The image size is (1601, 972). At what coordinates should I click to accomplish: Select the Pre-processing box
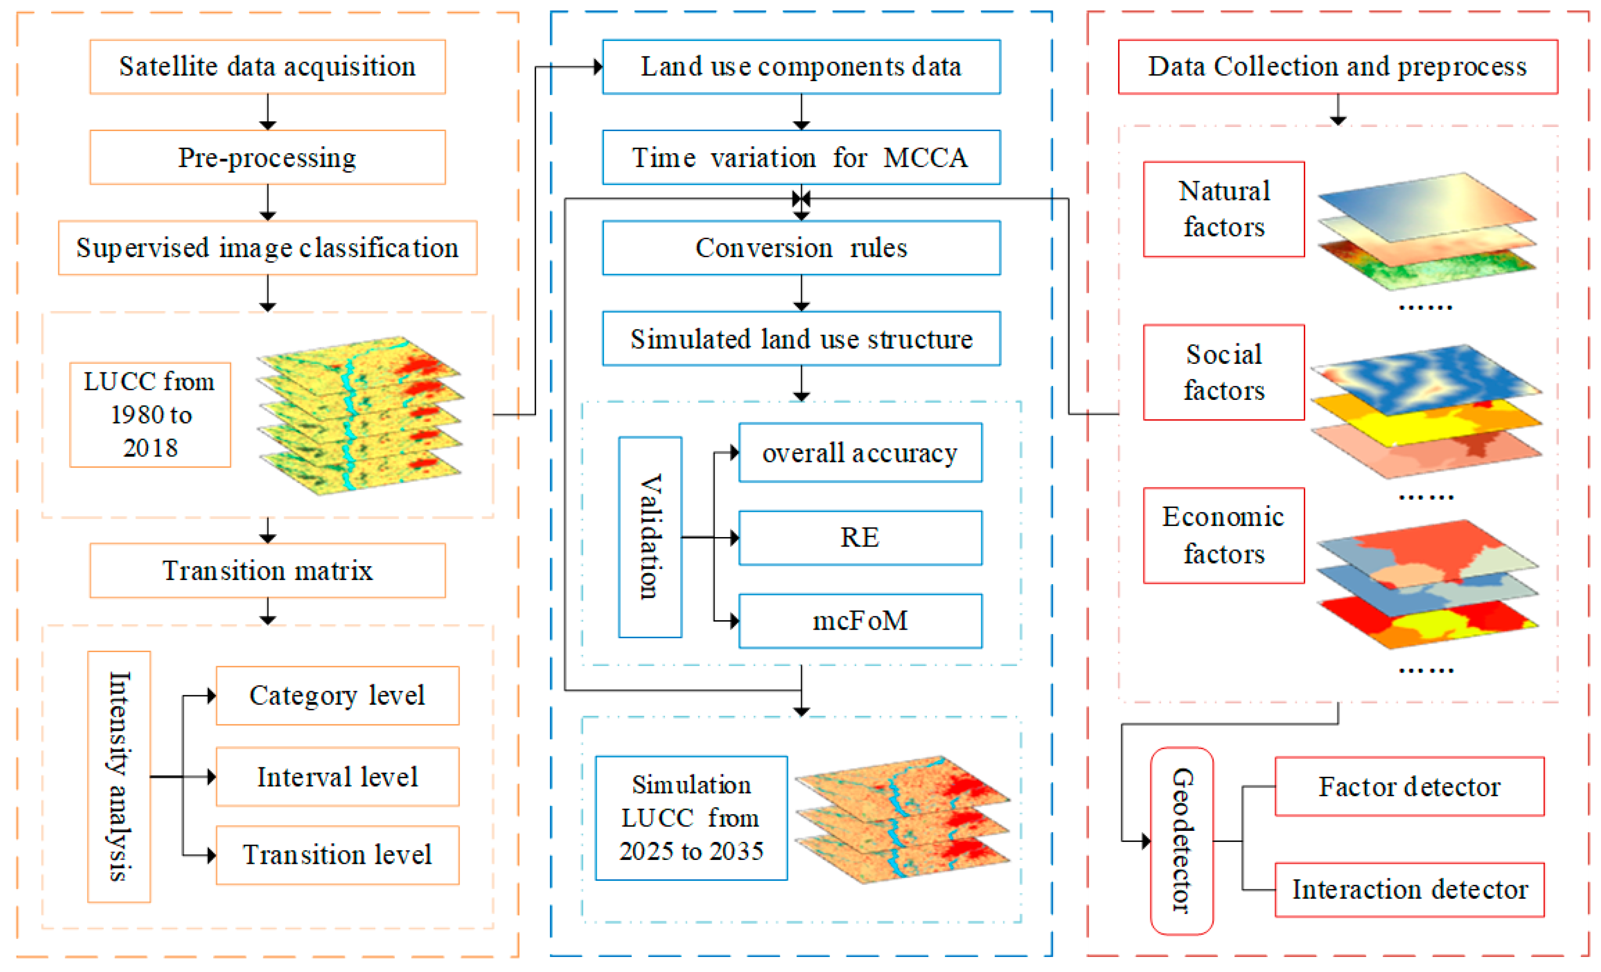tap(267, 157)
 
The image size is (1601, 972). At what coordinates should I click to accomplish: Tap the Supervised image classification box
tap(267, 248)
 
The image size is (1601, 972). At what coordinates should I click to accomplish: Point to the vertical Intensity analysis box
tap(119, 776)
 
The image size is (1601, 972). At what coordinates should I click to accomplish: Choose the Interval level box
tap(337, 776)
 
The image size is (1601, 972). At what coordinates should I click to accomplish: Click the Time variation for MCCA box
tap(801, 157)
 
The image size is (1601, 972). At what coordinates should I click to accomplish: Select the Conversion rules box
tap(801, 248)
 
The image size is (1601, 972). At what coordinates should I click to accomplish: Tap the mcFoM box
tap(860, 621)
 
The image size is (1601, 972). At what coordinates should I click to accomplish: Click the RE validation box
tap(860, 538)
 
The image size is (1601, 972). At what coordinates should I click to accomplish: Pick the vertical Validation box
tap(650, 537)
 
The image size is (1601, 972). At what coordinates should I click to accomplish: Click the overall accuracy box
tap(860, 453)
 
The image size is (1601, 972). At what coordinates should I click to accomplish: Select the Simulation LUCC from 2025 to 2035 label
tap(691, 817)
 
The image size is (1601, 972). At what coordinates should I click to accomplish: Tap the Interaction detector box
tap(1409, 889)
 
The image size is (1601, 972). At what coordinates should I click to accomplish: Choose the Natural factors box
tap(1224, 209)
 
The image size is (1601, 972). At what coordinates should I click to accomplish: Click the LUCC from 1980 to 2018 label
tap(150, 414)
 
